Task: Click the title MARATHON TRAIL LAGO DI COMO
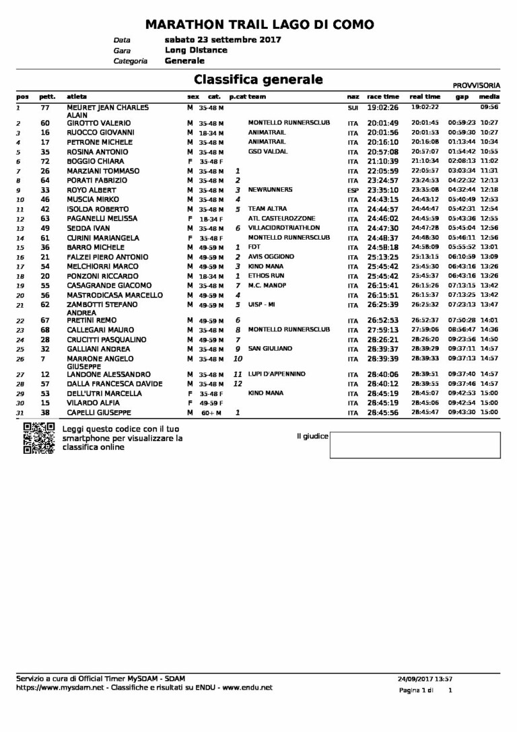260,25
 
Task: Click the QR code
38,438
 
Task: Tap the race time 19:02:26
383,107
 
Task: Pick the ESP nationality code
353,191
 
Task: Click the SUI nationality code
353,108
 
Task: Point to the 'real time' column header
425,97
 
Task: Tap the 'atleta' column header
77,97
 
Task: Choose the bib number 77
45,107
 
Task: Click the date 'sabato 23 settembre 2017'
223,40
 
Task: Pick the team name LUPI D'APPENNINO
277,374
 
